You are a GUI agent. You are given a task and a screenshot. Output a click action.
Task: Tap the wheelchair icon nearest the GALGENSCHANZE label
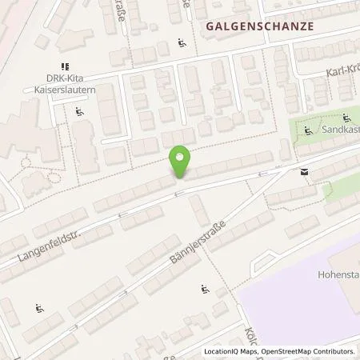(182, 43)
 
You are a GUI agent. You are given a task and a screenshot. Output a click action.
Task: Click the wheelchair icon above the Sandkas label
(346, 118)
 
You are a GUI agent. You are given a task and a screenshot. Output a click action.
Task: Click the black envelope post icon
(304, 171)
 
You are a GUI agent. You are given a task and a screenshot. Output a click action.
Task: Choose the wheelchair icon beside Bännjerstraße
(206, 290)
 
